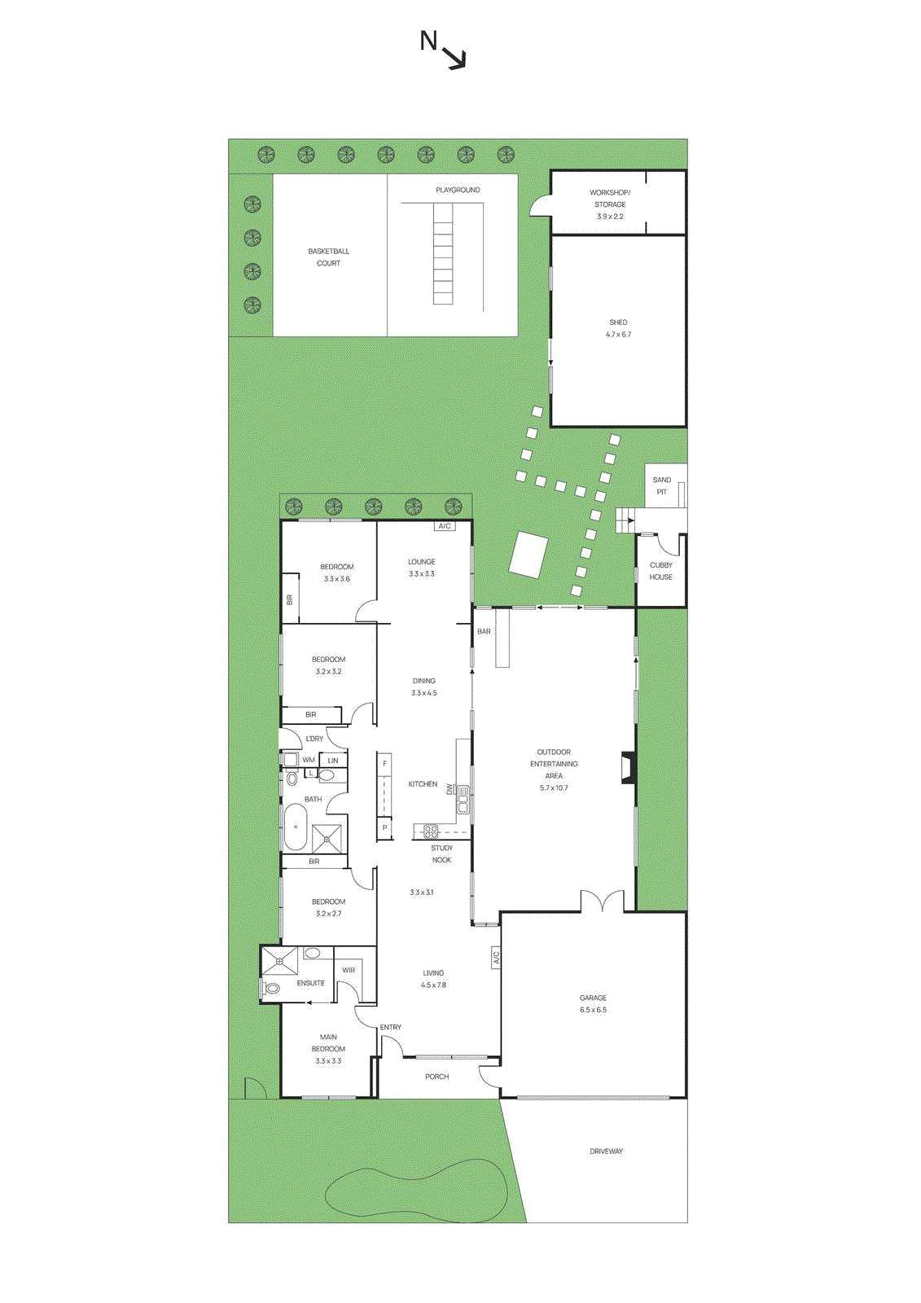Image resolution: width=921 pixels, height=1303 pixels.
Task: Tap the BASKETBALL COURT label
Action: coord(328,257)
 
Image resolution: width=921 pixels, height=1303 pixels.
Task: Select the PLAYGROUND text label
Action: coord(458,190)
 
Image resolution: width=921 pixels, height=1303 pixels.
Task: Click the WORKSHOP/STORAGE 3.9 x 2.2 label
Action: coord(610,204)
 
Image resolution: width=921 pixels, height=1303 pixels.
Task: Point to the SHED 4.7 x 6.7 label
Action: coord(618,328)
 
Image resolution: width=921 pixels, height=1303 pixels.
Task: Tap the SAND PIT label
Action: coord(662,485)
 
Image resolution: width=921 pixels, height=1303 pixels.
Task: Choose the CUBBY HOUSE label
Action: coord(660,571)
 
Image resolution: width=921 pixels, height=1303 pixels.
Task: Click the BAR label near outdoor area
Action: coord(484,631)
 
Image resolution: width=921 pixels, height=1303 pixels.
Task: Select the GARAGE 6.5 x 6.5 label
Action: coord(593,1003)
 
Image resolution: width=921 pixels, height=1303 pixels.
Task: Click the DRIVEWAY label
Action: coord(606,1152)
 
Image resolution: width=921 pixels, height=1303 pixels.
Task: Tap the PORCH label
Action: coord(436,1077)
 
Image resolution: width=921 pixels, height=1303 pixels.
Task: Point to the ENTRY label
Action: coord(391,1027)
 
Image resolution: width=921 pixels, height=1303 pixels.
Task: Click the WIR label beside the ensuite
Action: coord(349,970)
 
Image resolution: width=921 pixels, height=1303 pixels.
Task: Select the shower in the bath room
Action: coord(327,839)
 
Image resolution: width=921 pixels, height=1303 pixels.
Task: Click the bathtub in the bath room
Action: coord(294,827)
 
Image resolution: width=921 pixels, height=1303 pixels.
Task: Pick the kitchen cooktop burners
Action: coord(429,831)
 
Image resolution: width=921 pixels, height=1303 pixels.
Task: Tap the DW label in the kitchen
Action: coord(449,789)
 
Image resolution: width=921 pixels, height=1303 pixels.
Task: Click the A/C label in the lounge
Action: coord(445,526)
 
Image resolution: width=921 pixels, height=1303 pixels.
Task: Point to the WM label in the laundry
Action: coord(309,760)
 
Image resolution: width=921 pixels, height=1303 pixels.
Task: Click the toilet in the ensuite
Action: coord(271,988)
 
